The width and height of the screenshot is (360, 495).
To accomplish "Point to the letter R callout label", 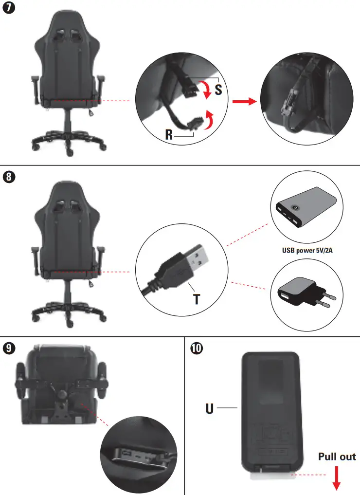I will click(169, 135).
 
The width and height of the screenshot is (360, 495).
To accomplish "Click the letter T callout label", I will click(196, 298).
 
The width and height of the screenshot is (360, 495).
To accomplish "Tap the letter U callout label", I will click(210, 407).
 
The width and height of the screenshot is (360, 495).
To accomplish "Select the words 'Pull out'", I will click(337, 457).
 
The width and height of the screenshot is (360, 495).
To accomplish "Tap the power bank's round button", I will click(294, 207).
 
